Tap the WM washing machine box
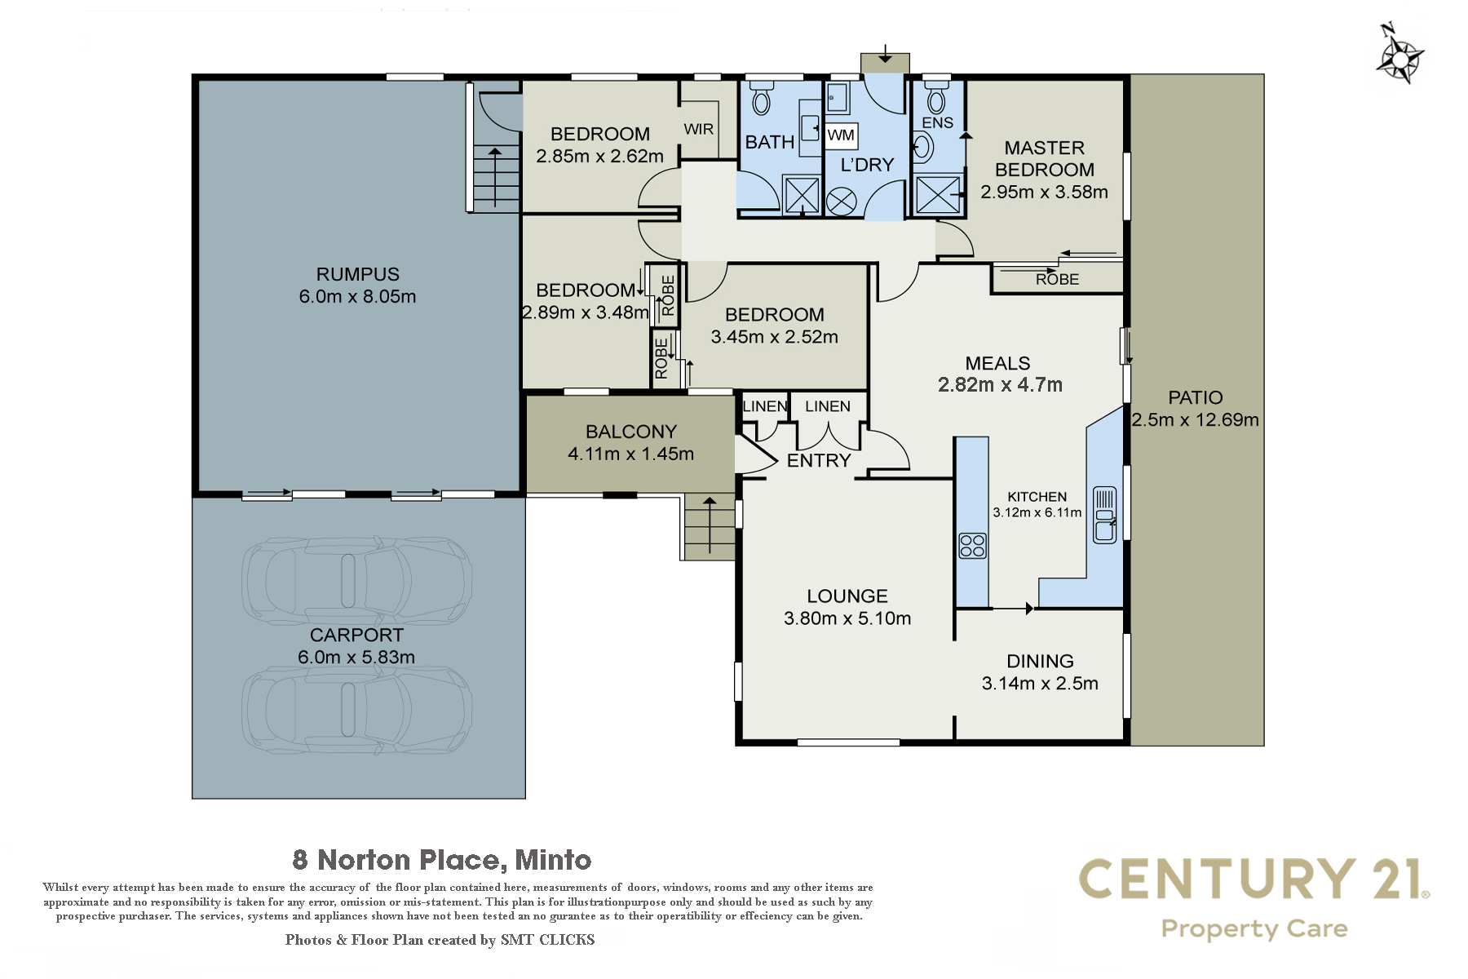pos(841,135)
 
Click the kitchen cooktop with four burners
pos(972,545)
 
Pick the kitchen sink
pos(1104,515)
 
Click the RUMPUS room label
pos(358,274)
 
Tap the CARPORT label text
pos(357,635)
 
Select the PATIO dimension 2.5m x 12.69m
pos(1196,419)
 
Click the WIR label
pos(699,129)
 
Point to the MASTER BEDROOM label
pos(1045,158)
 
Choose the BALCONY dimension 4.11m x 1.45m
pos(631,454)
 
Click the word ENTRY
pos(819,460)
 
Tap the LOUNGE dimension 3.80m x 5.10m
pos(847,618)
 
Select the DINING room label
pos(1040,661)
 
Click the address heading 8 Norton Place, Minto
pos(442,860)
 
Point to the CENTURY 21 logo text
pos(1254,879)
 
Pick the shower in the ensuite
pos(938,195)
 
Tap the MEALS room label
pos(997,363)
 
